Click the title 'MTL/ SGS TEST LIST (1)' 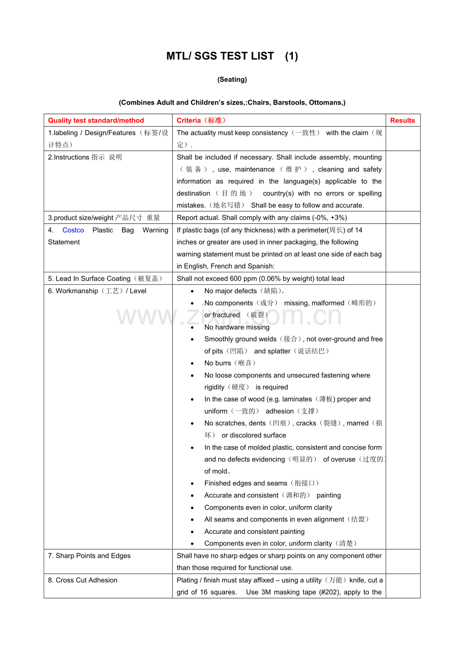pyautogui.click(x=232, y=56)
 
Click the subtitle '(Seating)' pyautogui.click(x=232, y=79)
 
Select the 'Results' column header pyautogui.click(x=402, y=120)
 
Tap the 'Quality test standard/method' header pyautogui.click(x=96, y=120)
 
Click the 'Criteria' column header pyautogui.click(x=201, y=120)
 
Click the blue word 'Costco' pyautogui.click(x=73, y=230)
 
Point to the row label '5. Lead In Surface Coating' pyautogui.click(x=105, y=279)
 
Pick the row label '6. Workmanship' pyautogui.click(x=97, y=291)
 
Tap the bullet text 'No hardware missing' pyautogui.click(x=237, y=327)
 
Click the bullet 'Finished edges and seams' pyautogui.click(x=245, y=484)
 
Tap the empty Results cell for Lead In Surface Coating pyautogui.click(x=402, y=279)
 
